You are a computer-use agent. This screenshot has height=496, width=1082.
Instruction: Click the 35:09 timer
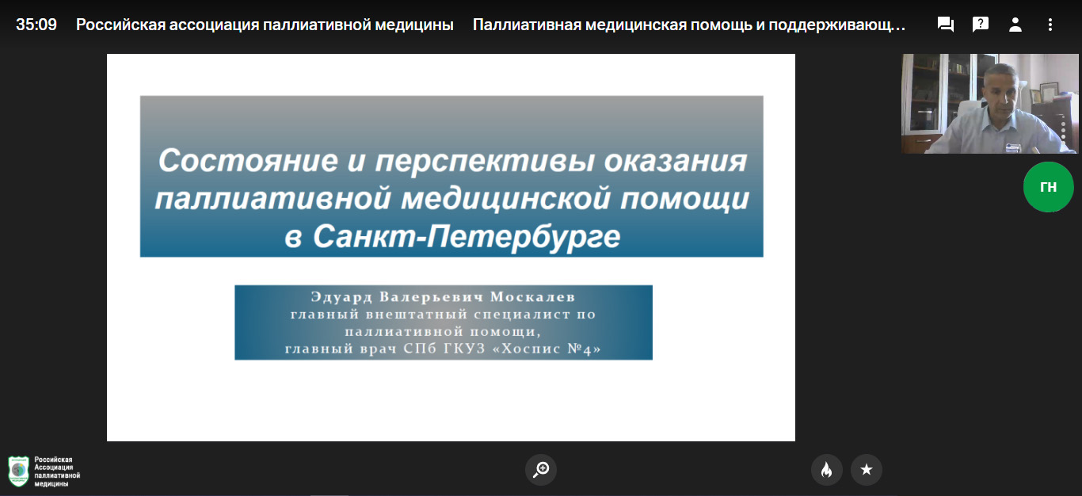[x=36, y=25]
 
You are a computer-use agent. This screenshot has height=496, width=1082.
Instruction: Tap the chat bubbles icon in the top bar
[x=945, y=25]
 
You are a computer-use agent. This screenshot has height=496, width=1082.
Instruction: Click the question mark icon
[x=980, y=25]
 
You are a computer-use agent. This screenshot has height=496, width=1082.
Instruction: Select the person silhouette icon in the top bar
[x=1015, y=25]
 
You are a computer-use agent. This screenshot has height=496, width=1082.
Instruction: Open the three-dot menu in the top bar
[x=1050, y=25]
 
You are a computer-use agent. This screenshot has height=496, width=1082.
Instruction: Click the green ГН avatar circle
[x=1048, y=187]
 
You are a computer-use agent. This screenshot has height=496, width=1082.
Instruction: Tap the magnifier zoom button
[x=541, y=469]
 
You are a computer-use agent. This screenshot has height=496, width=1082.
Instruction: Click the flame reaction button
[x=827, y=469]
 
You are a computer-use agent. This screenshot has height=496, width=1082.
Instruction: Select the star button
[x=866, y=469]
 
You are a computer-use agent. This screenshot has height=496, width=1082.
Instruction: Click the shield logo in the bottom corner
[x=18, y=471]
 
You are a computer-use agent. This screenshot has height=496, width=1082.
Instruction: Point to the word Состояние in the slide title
[x=248, y=160]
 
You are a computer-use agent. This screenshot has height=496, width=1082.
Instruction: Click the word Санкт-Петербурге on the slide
[x=467, y=236]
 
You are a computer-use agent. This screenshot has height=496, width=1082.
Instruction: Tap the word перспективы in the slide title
[x=485, y=162]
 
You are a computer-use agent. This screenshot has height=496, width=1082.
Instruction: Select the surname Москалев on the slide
[x=533, y=296]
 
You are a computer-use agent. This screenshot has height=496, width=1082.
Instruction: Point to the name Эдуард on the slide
[x=341, y=297]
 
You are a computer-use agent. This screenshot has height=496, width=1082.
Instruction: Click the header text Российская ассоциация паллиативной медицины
[x=265, y=25]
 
